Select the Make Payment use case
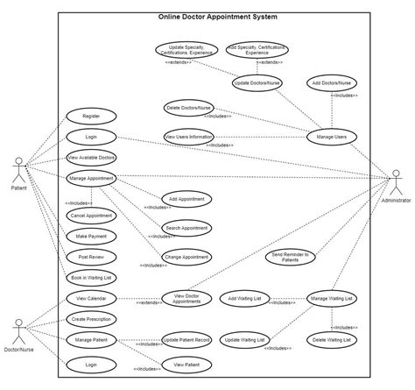[x=91, y=236]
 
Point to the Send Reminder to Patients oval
[x=291, y=256]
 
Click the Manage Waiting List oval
[x=331, y=299]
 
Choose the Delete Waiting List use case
[x=331, y=338]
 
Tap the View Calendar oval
[x=91, y=299]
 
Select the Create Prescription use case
[x=91, y=319]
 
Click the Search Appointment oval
[x=186, y=228]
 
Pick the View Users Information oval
[x=188, y=136]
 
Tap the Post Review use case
[x=91, y=257]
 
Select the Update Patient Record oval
[x=186, y=338]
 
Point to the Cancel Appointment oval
[x=91, y=215]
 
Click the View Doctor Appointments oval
[x=188, y=299]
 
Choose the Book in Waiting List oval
[x=91, y=277]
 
